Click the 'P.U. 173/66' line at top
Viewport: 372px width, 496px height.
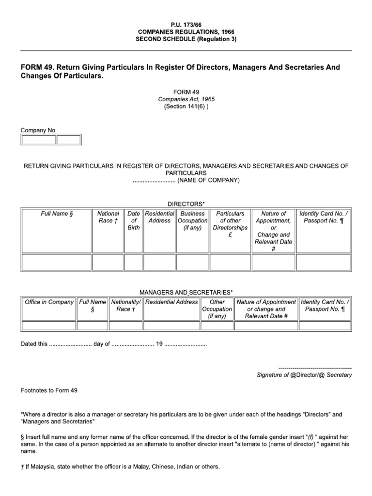point(186,23)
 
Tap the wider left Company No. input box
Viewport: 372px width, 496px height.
point(38,140)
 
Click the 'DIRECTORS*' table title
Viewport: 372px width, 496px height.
point(186,204)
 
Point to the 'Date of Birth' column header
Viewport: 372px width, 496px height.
point(133,220)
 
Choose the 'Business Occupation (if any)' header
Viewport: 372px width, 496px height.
point(192,220)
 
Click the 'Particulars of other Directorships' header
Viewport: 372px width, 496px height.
point(230,224)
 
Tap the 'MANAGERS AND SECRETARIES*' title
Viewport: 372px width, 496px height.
point(186,293)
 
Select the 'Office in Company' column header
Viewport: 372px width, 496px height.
point(49,302)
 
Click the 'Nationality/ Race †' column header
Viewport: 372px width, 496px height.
point(125,306)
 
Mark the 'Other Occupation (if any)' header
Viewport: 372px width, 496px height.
point(217,309)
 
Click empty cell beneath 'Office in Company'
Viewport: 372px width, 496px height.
point(49,325)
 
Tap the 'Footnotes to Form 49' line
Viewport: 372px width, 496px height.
point(49,390)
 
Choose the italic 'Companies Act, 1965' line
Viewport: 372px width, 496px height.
point(186,99)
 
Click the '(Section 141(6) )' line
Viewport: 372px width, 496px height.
point(186,107)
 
